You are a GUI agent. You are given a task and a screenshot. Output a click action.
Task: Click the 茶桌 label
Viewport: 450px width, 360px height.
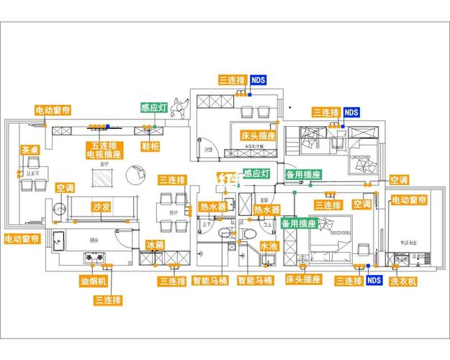tap(30, 150)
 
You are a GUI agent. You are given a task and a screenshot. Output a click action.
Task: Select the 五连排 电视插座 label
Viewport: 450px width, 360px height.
tap(103, 150)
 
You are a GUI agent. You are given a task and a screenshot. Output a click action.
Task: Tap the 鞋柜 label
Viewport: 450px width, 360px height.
tap(150, 146)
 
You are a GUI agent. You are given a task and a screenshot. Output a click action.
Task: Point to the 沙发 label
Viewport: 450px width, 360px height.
tap(102, 207)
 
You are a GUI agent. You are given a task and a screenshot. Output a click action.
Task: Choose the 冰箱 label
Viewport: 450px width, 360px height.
tap(156, 246)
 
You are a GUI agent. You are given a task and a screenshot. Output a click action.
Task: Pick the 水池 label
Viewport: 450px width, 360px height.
tap(269, 246)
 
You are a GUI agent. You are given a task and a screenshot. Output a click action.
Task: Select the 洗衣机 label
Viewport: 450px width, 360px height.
tap(403, 281)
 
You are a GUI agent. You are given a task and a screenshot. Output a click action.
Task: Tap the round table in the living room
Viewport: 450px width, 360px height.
tap(134, 174)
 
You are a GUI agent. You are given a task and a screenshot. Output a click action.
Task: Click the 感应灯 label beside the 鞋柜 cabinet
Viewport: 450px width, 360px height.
tap(153, 108)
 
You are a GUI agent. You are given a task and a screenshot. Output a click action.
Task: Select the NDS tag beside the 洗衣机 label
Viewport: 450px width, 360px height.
tap(374, 280)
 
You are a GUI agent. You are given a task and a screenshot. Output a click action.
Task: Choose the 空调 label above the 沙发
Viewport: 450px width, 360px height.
tap(66, 188)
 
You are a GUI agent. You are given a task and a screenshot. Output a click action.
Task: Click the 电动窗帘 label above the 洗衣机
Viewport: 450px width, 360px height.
tap(409, 199)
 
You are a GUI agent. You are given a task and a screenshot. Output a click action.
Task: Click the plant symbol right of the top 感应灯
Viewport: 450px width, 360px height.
tap(181, 108)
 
